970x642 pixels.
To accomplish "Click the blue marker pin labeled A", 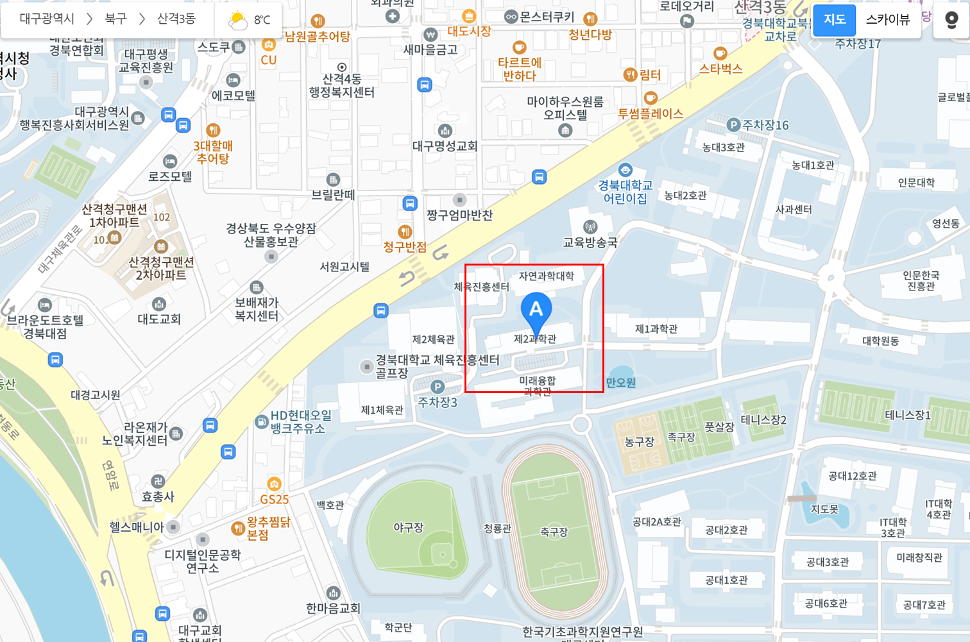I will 536,311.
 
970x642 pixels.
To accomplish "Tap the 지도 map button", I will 834,20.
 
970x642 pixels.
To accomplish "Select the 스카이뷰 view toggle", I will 888,20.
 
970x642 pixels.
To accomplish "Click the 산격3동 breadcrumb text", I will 176,19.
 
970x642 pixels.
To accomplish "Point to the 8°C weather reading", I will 262,21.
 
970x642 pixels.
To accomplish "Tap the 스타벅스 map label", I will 720,69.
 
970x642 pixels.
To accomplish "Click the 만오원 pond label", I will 621,383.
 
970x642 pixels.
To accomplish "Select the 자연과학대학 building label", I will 546,276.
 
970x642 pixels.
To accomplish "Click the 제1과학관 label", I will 656,329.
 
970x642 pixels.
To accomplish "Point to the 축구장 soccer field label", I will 554,532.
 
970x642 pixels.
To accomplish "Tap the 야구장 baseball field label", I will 409,528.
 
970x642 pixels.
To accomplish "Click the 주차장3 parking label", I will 438,402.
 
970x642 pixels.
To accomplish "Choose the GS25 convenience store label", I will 275,499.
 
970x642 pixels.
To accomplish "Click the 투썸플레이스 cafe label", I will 650,114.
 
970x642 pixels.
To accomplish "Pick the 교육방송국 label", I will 590,242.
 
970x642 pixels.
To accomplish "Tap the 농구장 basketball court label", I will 639,442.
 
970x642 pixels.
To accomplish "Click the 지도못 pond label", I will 824,509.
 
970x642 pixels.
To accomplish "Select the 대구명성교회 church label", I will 445,146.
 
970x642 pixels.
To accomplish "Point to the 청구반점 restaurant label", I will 405,247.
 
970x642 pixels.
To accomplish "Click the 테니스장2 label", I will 763,420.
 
